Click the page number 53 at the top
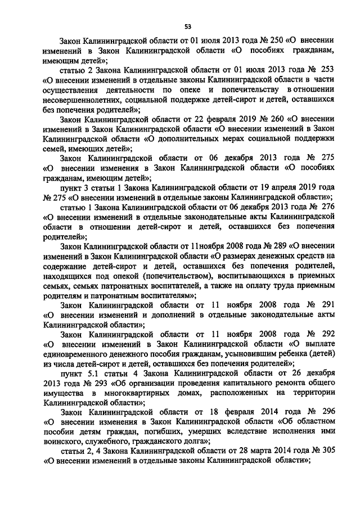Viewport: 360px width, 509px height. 187,25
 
